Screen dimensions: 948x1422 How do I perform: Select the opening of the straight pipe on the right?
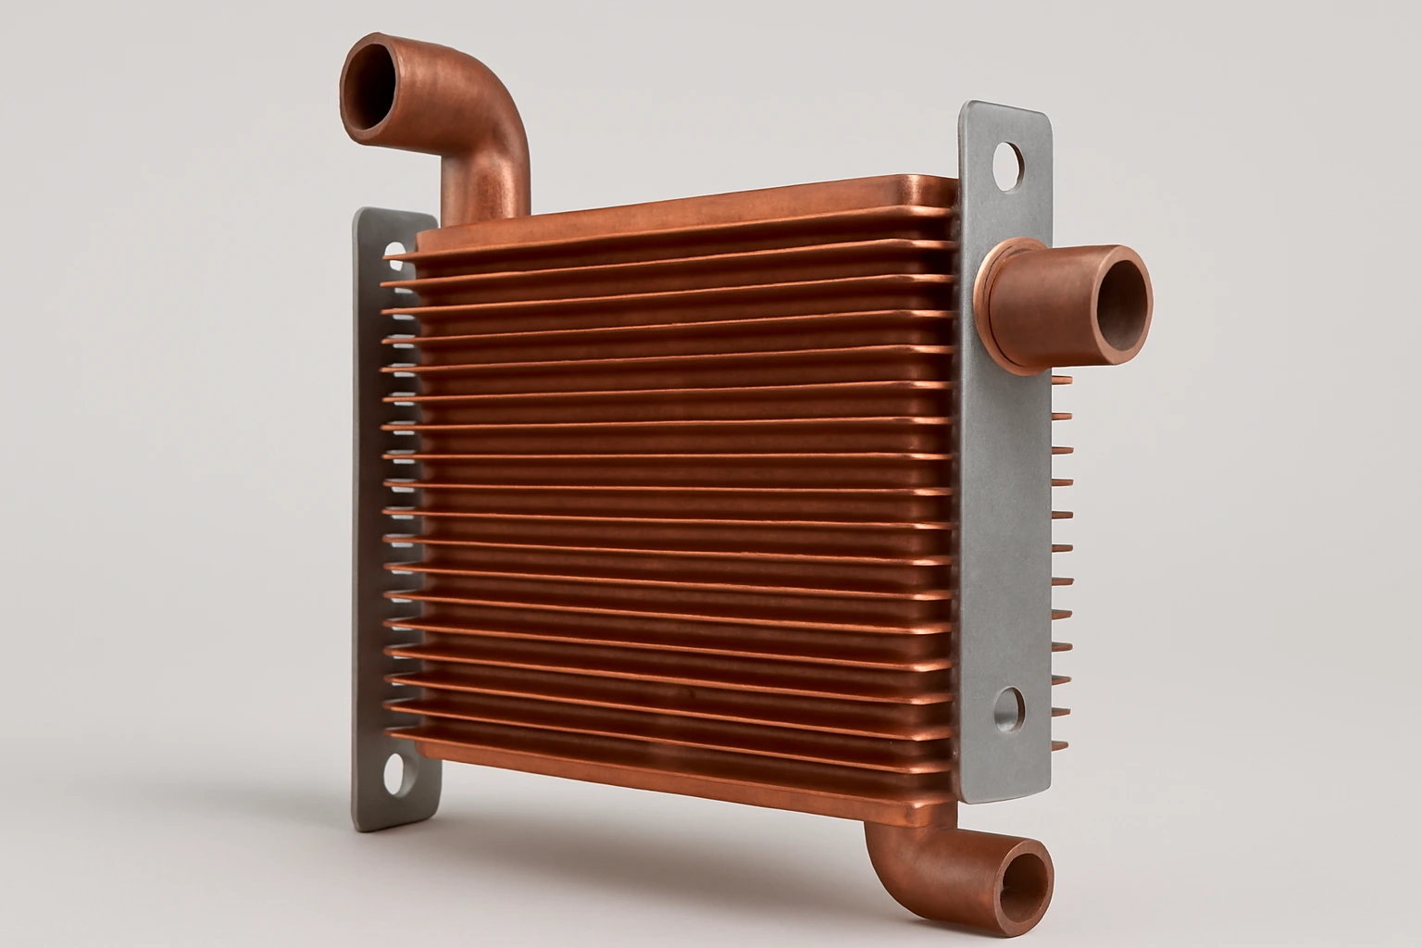[x=1120, y=298]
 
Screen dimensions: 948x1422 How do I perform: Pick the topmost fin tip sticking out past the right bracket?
[x=1063, y=380]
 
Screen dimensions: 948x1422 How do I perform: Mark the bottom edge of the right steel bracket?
[x=1004, y=798]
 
